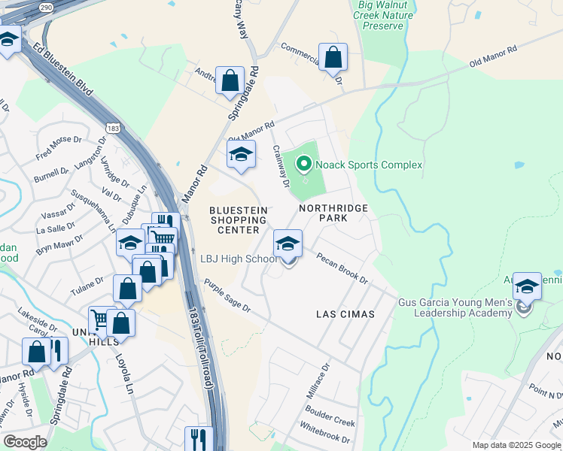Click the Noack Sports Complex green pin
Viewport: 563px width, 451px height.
point(304,163)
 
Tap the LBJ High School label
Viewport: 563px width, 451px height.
point(239,259)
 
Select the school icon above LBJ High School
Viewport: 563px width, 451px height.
point(288,244)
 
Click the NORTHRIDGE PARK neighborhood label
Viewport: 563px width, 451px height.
point(333,212)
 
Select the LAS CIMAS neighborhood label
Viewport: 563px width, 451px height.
point(345,313)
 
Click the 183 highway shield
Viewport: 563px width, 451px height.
point(113,129)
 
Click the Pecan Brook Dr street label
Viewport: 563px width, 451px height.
point(342,269)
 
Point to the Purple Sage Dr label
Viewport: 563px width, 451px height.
point(227,297)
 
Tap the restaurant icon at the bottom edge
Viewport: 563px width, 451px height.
point(196,438)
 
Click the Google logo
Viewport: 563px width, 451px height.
point(25,442)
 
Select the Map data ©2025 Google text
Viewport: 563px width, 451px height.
point(516,445)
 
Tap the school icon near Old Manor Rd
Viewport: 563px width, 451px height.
point(241,156)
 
